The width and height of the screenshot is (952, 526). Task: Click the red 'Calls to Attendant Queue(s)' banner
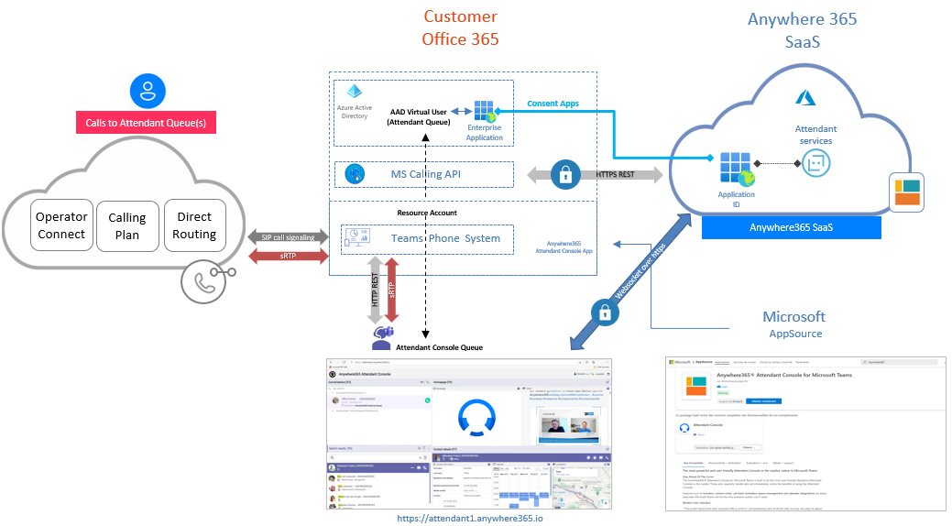click(145, 123)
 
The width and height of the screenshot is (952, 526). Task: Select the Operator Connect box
click(61, 225)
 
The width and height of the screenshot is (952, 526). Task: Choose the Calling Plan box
click(126, 225)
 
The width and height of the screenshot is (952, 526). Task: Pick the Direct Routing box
click(194, 225)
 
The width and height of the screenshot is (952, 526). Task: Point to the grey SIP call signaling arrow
click(287, 236)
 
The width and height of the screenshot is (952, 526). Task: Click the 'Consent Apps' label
click(553, 104)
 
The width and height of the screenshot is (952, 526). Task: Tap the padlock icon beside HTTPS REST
click(565, 174)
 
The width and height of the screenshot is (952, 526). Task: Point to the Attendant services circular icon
click(815, 164)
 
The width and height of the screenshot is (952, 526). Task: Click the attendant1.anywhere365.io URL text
click(469, 518)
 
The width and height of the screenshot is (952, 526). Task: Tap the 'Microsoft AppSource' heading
click(793, 323)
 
